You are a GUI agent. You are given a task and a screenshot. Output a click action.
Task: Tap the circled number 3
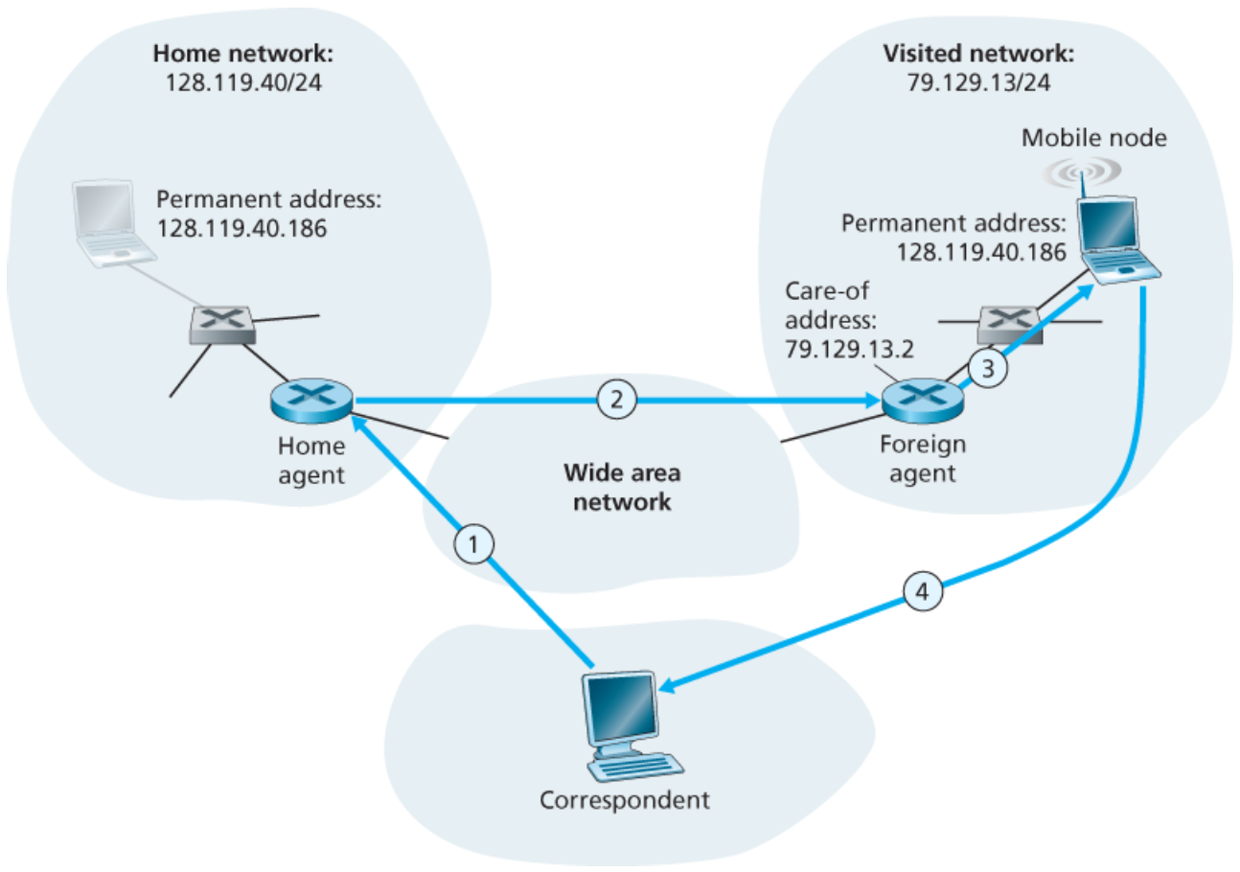point(987,365)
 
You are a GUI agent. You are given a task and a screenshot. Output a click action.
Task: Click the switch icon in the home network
point(221,326)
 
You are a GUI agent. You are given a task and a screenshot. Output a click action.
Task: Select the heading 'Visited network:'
point(977,54)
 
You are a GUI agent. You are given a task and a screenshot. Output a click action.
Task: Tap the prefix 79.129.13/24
point(977,81)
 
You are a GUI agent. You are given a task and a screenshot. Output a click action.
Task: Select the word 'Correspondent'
point(624,798)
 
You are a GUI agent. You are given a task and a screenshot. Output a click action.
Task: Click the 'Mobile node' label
point(1093,138)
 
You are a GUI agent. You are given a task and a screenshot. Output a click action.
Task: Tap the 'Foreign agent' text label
point(921,458)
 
